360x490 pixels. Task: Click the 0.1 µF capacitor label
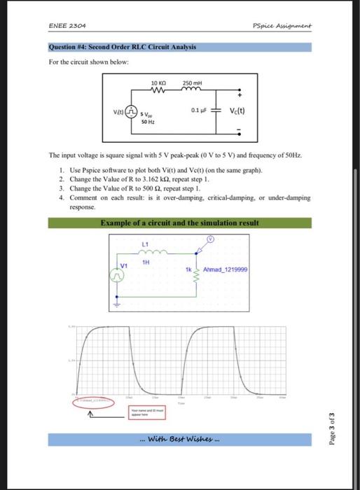(201, 109)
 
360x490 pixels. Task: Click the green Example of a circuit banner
(179, 223)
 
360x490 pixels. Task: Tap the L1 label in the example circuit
(146, 243)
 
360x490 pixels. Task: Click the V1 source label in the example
(125, 265)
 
